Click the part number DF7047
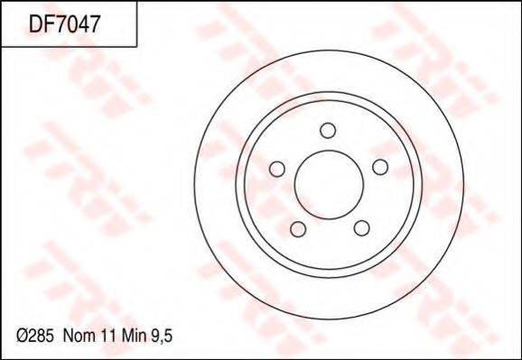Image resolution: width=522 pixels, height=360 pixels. click(65, 24)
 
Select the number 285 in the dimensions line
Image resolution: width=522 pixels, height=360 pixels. click(41, 337)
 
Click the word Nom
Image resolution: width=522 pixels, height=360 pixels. click(79, 337)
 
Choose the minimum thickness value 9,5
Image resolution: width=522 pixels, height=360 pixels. click(162, 337)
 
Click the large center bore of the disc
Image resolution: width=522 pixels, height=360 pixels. click(329, 185)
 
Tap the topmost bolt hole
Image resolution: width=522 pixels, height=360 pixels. click(328, 131)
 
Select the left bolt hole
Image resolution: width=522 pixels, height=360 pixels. click(277, 169)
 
